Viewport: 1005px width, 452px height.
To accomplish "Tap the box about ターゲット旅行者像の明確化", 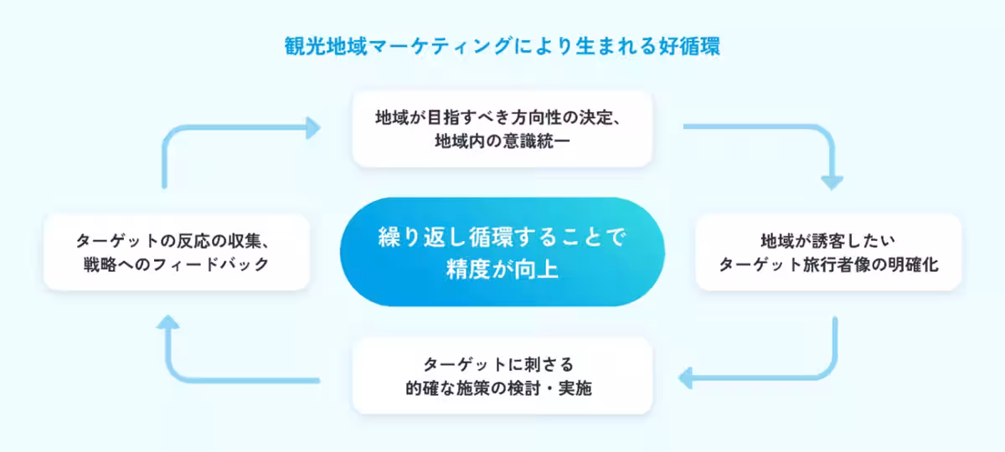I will [828, 252].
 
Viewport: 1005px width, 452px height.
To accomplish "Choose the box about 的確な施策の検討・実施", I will [502, 375].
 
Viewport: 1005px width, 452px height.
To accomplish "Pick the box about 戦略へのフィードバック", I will [177, 252].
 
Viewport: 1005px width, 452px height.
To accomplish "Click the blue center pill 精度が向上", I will [502, 252].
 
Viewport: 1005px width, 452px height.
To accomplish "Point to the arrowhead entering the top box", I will [312, 128].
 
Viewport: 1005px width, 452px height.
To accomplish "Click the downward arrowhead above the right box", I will [832, 180].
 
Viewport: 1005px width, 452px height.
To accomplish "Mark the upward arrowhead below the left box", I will [168, 325].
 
